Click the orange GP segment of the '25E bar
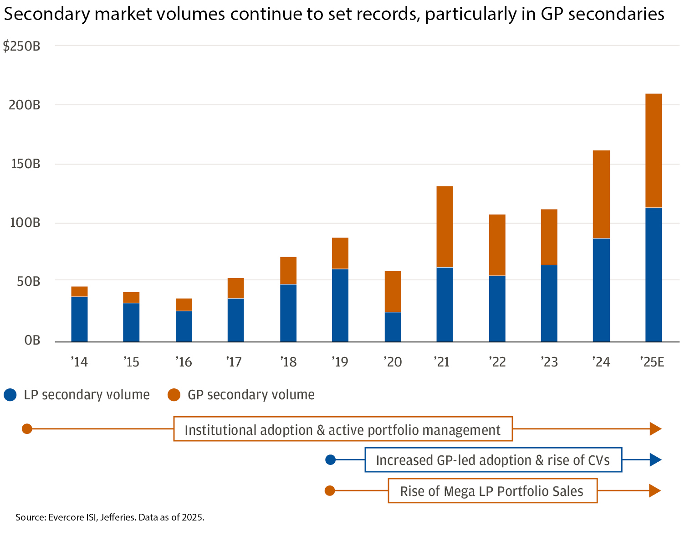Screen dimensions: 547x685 point(654,150)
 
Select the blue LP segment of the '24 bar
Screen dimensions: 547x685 point(601,290)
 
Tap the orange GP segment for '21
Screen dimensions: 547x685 point(445,227)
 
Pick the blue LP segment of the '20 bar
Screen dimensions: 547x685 point(393,327)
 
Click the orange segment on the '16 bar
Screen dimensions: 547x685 point(184,304)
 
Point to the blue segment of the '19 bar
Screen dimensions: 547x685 point(340,305)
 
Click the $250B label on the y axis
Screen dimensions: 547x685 point(22,46)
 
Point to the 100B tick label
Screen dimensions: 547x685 point(25,223)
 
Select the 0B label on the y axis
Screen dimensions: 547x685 point(32,341)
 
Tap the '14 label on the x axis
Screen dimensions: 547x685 point(79,362)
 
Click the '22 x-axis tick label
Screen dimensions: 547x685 point(497,362)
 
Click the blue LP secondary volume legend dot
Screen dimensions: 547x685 point(10,395)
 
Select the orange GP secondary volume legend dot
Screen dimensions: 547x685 point(174,395)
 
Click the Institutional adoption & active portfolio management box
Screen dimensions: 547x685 point(343,429)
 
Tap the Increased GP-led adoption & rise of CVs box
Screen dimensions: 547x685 point(493,460)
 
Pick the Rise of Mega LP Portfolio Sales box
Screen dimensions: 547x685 point(492,491)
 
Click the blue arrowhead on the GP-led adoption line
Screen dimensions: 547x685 point(655,460)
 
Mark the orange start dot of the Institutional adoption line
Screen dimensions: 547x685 point(27,429)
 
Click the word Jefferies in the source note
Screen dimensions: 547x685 point(118,517)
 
